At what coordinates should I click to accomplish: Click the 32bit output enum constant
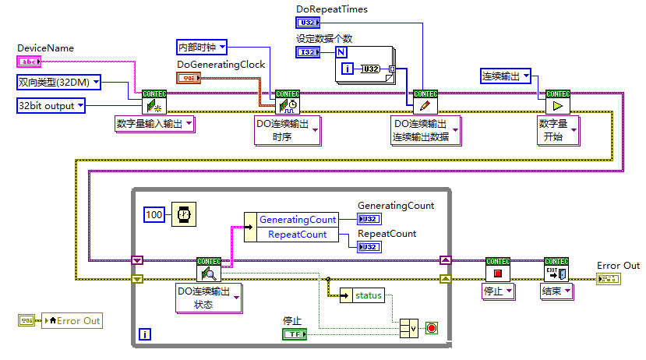click(x=51, y=105)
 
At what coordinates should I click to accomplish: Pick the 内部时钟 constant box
click(x=201, y=47)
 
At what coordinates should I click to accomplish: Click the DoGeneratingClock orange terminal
click(x=189, y=78)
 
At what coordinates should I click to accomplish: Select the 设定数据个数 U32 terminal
click(x=308, y=52)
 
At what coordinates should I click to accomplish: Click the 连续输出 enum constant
click(x=505, y=76)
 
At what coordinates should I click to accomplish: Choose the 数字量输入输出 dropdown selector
click(x=155, y=123)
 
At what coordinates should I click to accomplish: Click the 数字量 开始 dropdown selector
click(x=559, y=130)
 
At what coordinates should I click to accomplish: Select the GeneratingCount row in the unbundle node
click(x=297, y=220)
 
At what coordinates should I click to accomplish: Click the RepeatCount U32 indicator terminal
click(x=369, y=247)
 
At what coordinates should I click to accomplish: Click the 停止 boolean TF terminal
click(x=294, y=334)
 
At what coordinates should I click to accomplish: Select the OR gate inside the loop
click(x=408, y=328)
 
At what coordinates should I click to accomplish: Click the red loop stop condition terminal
click(x=432, y=328)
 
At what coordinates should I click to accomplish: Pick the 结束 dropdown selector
click(x=556, y=291)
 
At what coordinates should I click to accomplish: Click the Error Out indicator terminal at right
click(x=607, y=278)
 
